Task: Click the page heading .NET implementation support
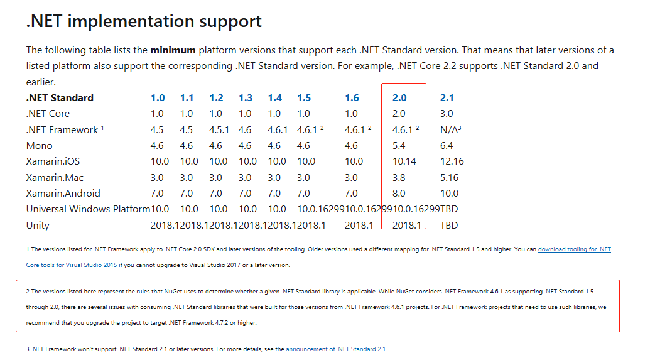[144, 21]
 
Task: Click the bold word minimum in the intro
[173, 50]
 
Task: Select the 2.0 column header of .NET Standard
[399, 97]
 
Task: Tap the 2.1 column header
[447, 97]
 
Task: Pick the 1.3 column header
[246, 97]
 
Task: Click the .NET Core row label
[48, 114]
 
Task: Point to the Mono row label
[39, 146]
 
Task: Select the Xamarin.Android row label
[63, 194]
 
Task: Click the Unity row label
[38, 226]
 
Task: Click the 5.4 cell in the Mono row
[399, 146]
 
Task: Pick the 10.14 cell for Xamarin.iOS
[404, 161]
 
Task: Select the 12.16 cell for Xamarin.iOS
[452, 161]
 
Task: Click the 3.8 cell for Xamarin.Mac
[399, 178]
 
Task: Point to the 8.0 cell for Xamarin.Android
[399, 194]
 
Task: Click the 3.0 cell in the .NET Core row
[447, 114]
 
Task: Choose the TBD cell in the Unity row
[449, 226]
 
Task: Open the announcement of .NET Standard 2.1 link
[335, 349]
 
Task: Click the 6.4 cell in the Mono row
[447, 146]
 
